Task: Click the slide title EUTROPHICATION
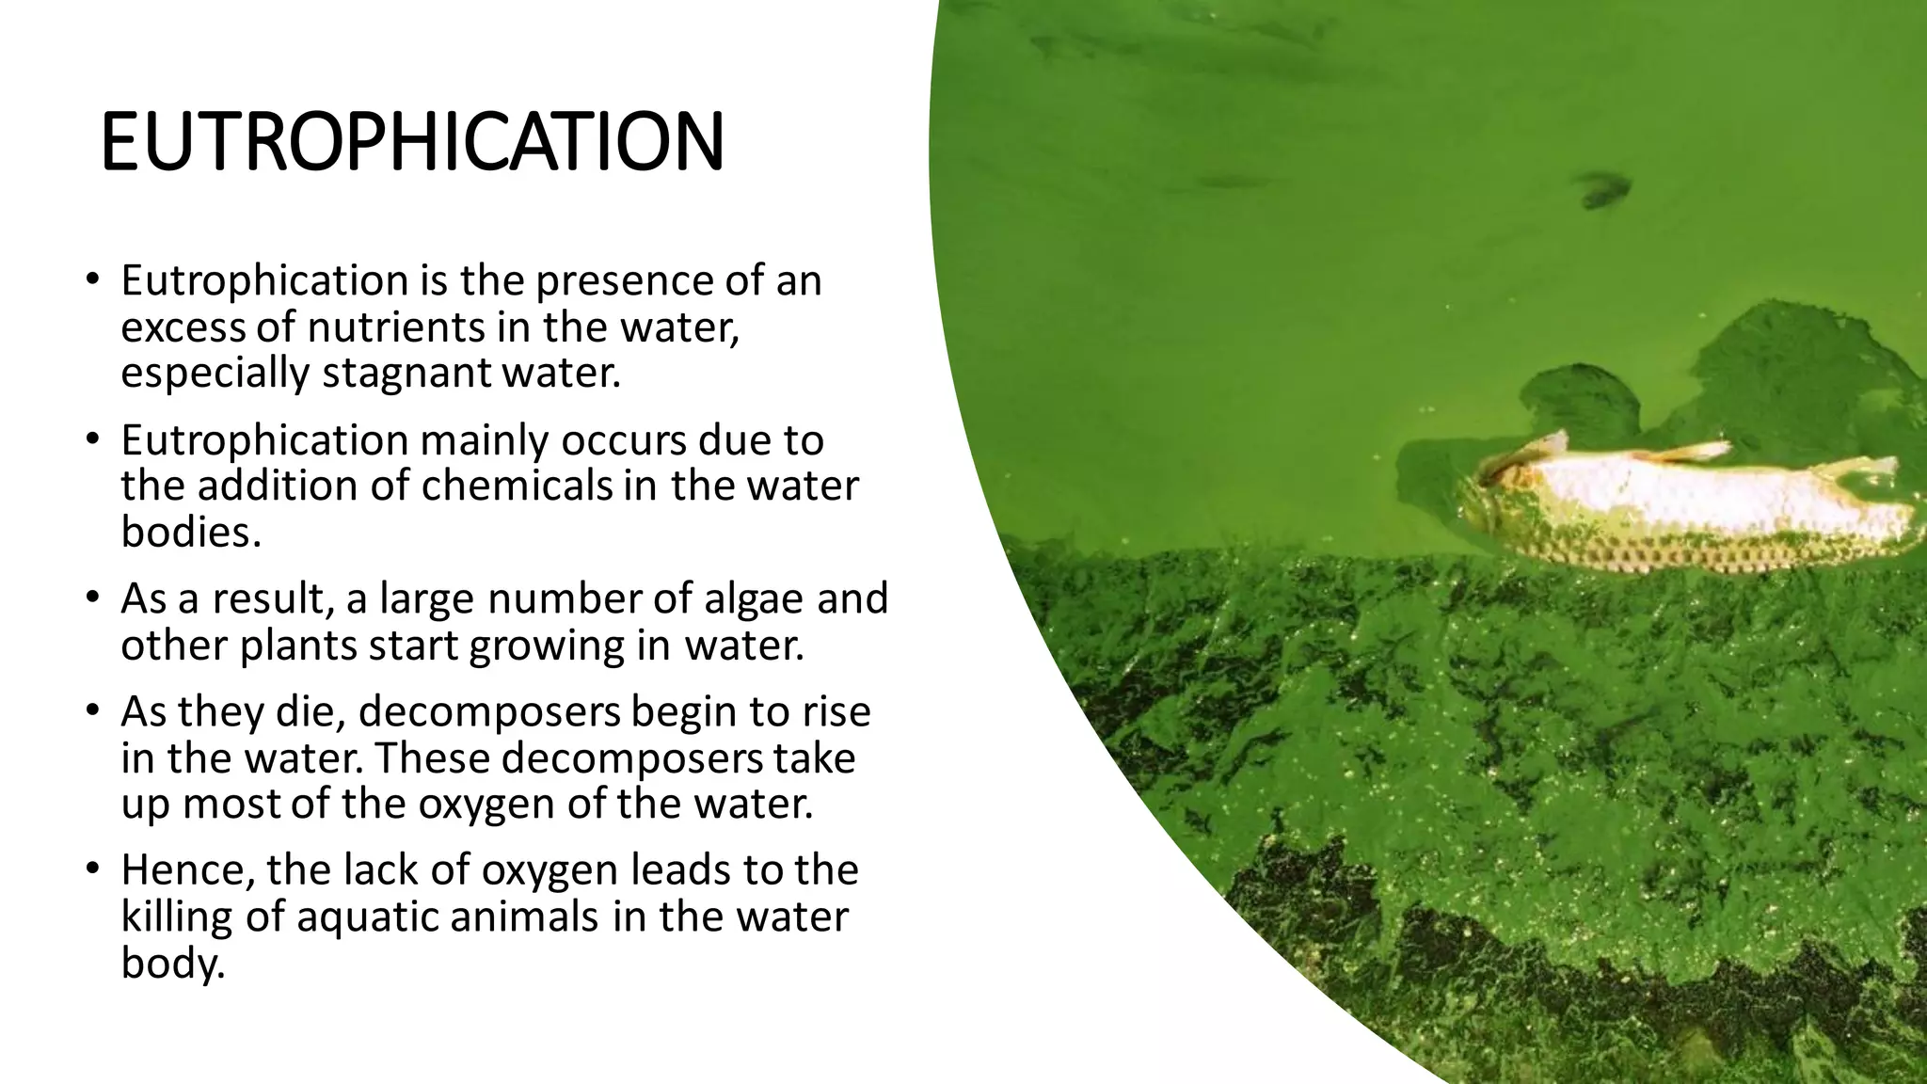[412, 142]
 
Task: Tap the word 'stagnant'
[406, 374]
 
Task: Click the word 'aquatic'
[367, 917]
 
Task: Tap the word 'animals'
[524, 917]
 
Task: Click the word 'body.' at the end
[173, 964]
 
